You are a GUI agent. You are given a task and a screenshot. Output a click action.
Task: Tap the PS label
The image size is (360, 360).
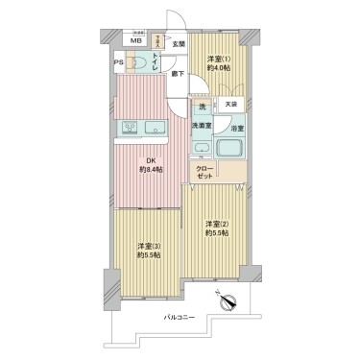120,65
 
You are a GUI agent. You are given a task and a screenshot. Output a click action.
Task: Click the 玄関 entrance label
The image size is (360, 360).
179,44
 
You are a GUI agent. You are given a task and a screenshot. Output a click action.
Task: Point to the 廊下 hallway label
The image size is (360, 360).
178,73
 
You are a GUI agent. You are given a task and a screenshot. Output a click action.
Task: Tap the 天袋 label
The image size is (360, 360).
230,104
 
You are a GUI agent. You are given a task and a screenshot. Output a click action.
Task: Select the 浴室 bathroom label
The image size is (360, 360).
235,127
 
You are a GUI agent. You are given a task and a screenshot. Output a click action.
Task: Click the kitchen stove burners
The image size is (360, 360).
131,128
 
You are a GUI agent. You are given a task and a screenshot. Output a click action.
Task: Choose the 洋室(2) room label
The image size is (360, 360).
215,226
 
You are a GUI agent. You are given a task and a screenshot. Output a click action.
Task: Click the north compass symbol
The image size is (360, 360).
230,301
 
